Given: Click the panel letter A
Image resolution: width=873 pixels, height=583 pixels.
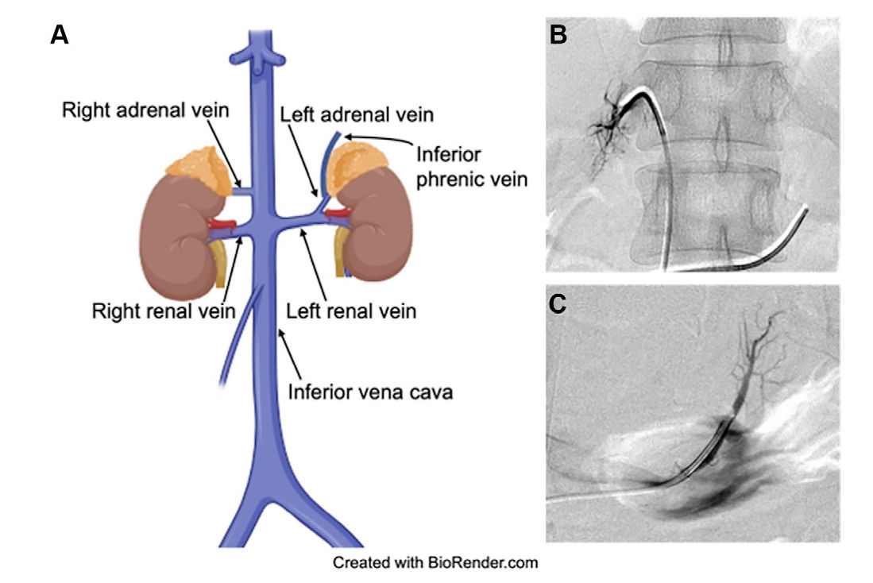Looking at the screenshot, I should coord(60,35).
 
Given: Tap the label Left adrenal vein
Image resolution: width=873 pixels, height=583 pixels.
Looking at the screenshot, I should coord(357,115).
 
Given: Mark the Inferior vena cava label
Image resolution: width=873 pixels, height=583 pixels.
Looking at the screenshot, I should coord(370,392).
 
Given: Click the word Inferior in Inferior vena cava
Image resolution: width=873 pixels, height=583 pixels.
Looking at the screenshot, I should coord(315,392).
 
